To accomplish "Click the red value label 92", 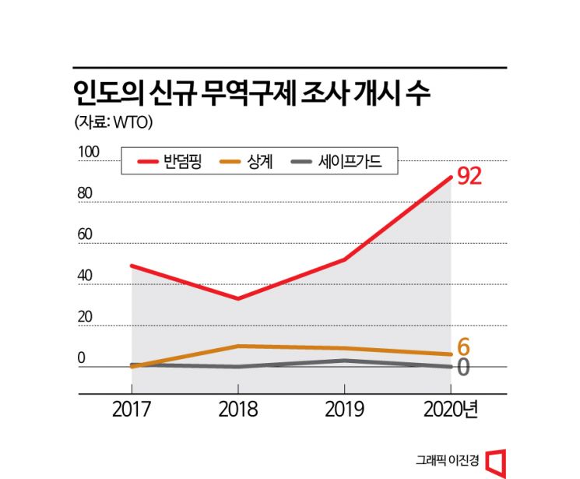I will pos(469,177).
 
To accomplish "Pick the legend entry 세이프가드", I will pos(347,162).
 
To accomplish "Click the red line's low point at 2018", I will pos(237,298).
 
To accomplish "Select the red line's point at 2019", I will pos(343,259).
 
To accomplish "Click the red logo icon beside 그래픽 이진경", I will pos(496,461).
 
